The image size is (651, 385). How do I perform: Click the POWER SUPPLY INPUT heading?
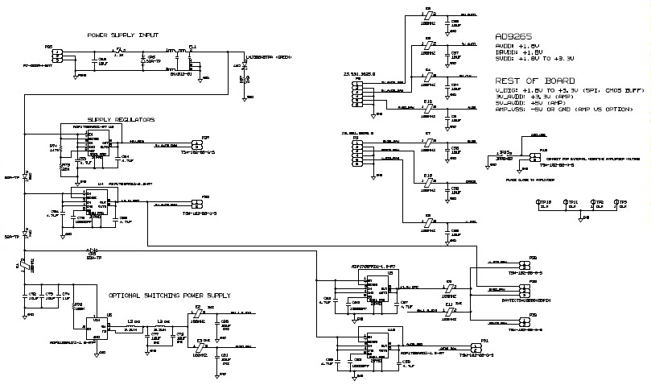pos(122,35)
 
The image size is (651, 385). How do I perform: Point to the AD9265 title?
pos(513,37)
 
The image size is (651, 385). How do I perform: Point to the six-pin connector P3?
pos(355,151)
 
